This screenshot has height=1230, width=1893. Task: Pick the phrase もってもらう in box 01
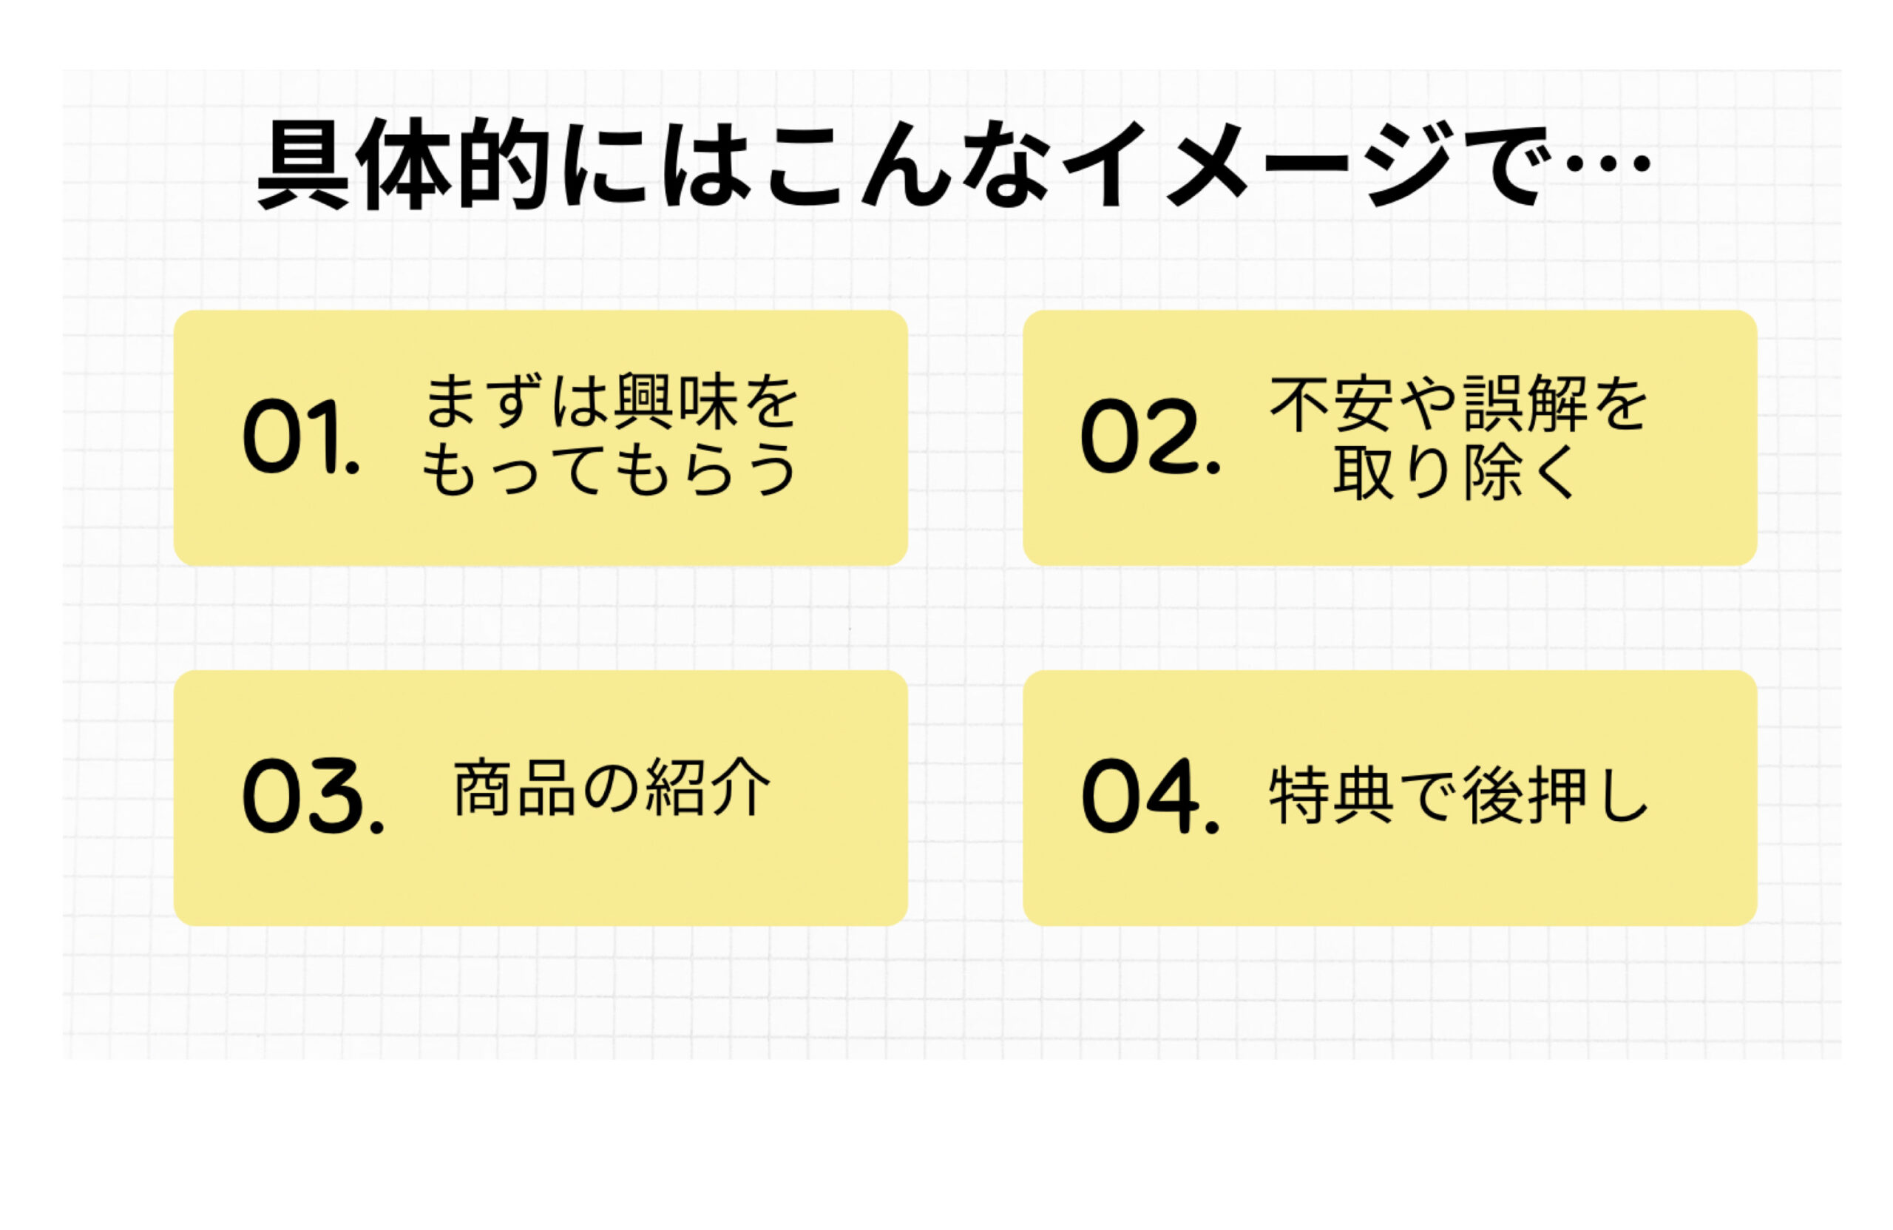609,470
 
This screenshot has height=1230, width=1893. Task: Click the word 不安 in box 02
1332,404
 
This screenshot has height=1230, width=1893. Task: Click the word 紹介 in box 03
707,788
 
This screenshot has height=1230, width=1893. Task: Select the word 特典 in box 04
1331,795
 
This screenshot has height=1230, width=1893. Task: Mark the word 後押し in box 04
1555,795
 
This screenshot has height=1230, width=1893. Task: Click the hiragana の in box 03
610,788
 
